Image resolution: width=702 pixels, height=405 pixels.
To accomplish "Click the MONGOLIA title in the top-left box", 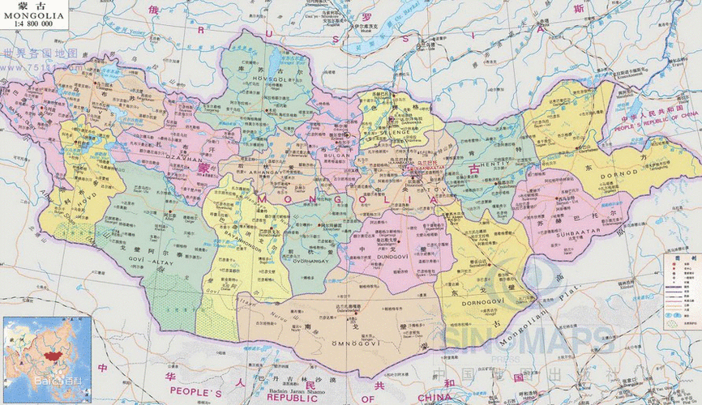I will click(33, 14).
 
